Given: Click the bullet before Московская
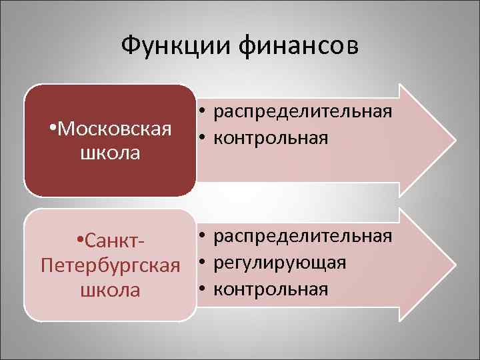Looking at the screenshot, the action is [x=53, y=127].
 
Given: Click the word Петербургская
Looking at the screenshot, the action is [x=111, y=265].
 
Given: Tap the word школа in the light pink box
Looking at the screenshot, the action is [x=111, y=291].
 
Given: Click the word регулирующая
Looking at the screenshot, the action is [x=280, y=263].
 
